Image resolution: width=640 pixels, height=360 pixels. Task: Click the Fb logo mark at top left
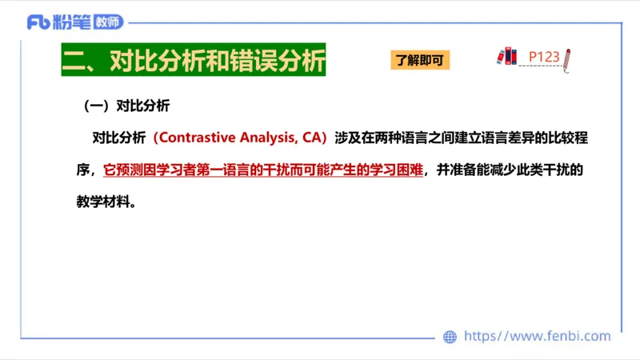coord(38,22)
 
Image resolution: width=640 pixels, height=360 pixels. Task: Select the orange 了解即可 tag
coord(420,60)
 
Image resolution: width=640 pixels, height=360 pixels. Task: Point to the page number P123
coord(544,57)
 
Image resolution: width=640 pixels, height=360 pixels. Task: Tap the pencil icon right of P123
coord(567,60)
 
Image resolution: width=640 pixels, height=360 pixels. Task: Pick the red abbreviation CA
coord(311,138)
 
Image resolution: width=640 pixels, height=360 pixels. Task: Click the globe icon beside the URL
coord(450,337)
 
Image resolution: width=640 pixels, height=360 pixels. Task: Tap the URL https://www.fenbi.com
coord(537,336)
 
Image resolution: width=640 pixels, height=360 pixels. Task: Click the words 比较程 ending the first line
coord(568,138)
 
